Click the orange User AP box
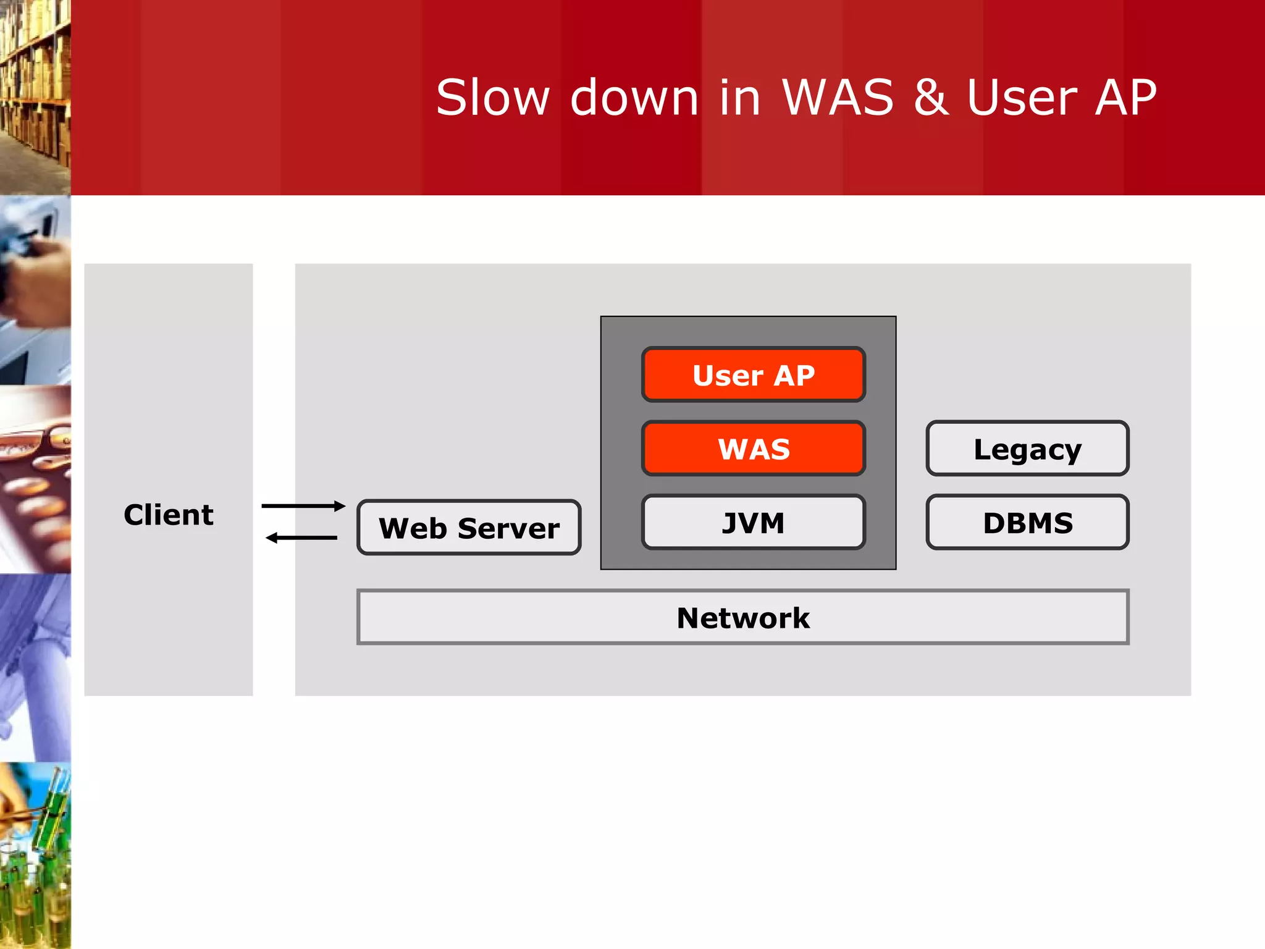coord(754,375)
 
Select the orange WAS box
coord(754,449)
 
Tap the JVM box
coord(754,523)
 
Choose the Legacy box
coord(1027,449)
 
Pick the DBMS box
coord(1027,523)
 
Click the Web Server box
coord(469,528)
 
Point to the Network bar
coord(742,617)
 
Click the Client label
coord(169,515)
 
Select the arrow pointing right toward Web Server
coord(303,506)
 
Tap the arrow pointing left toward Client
coord(301,538)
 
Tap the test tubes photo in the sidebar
coord(35,856)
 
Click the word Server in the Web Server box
coord(508,529)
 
